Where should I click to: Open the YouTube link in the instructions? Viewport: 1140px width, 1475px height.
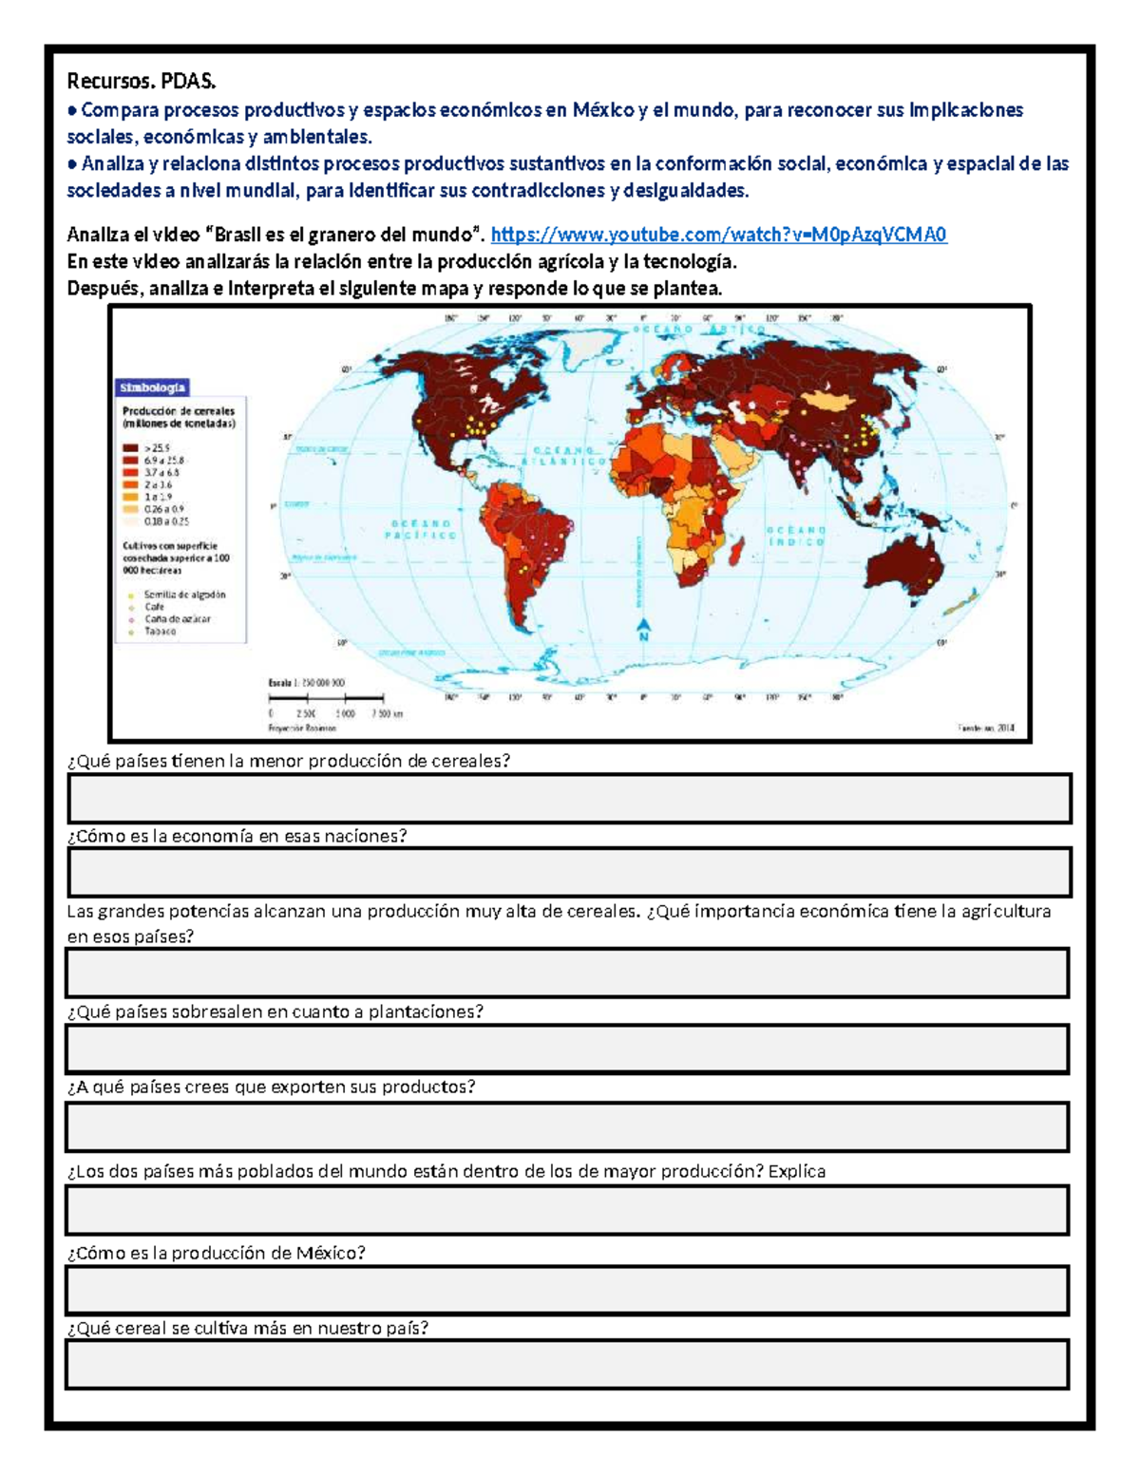tap(718, 235)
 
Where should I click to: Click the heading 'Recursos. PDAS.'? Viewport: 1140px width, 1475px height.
tap(141, 82)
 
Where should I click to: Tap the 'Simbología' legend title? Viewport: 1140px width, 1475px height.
tap(152, 388)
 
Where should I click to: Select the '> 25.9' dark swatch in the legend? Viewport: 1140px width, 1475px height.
tap(131, 447)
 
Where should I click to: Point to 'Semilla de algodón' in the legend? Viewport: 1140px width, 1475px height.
tap(184, 595)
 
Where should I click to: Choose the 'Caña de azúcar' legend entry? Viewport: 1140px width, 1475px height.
tap(177, 619)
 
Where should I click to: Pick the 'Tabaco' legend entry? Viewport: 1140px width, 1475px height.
tap(160, 632)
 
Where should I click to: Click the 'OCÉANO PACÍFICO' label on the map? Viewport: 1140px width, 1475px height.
tap(420, 529)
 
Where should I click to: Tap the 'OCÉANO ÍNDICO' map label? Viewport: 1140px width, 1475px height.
tap(796, 536)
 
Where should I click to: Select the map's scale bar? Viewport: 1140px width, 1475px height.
tap(326, 698)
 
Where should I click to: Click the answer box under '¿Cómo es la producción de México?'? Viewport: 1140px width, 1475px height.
tap(567, 1290)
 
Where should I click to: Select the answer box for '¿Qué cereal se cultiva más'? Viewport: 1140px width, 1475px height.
tap(567, 1364)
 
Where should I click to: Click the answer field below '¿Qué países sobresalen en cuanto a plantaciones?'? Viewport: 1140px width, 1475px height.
tap(567, 1049)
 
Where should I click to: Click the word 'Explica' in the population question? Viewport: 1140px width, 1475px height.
tap(796, 1171)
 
